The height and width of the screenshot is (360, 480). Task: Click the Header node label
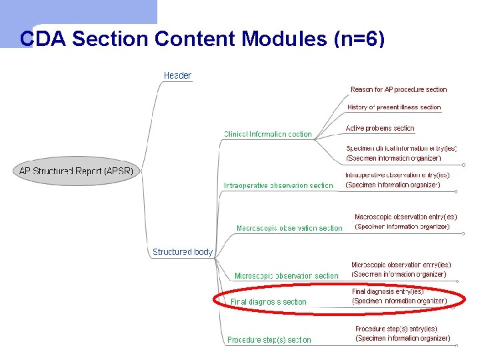[177, 75]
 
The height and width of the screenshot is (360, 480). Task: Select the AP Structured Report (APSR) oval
[76, 171]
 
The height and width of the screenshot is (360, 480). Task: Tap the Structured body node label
[183, 252]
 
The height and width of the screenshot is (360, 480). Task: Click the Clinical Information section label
[267, 134]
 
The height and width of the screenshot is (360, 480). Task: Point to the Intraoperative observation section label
[278, 185]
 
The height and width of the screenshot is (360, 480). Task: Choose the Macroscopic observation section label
[289, 228]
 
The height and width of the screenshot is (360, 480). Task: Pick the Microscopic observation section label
[286, 275]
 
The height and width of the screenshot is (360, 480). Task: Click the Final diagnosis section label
[269, 302]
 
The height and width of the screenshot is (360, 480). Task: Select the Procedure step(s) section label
[269, 339]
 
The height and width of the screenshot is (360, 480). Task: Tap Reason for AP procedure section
[399, 89]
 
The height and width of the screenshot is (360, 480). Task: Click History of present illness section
[394, 107]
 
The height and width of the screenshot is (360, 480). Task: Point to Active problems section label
[380, 128]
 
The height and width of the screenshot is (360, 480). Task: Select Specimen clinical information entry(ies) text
[401, 149]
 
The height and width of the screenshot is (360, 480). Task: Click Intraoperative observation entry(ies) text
[397, 175]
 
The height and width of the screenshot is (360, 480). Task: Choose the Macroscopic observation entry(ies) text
[405, 217]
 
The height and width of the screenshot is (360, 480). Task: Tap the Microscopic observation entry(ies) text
[401, 265]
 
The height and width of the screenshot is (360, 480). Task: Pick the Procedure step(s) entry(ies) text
[396, 329]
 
